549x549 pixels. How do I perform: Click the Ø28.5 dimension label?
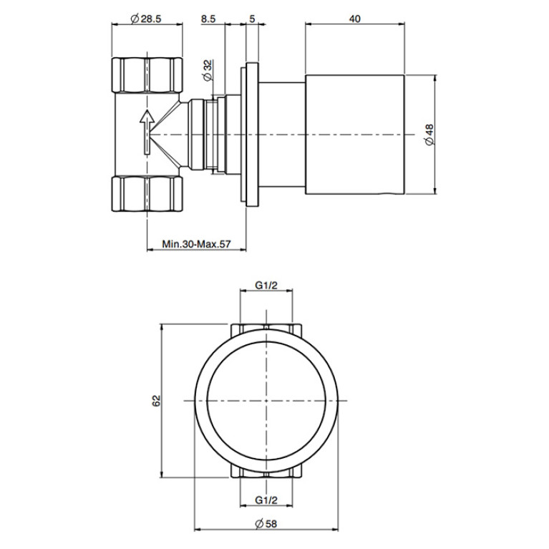click(145, 19)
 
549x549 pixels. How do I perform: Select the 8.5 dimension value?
click(208, 19)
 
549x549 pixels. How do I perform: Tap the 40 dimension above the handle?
click(355, 19)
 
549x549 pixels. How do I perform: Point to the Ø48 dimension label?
click(429, 134)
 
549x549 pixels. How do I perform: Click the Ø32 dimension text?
click(208, 70)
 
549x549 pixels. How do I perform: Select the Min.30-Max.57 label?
click(196, 243)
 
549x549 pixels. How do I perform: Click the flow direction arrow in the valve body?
click(147, 132)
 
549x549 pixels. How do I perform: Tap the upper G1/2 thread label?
click(266, 286)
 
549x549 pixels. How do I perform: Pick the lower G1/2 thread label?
click(266, 500)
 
